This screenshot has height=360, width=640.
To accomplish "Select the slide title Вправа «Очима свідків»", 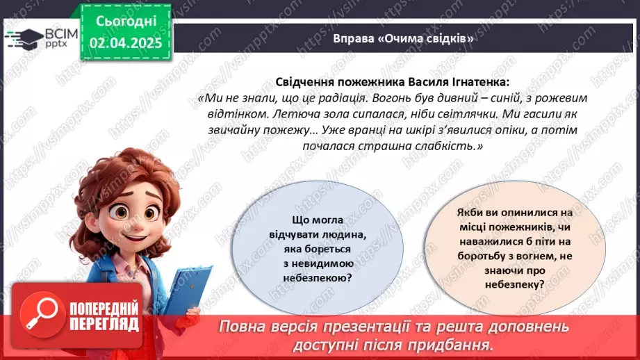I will [x=403, y=38].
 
